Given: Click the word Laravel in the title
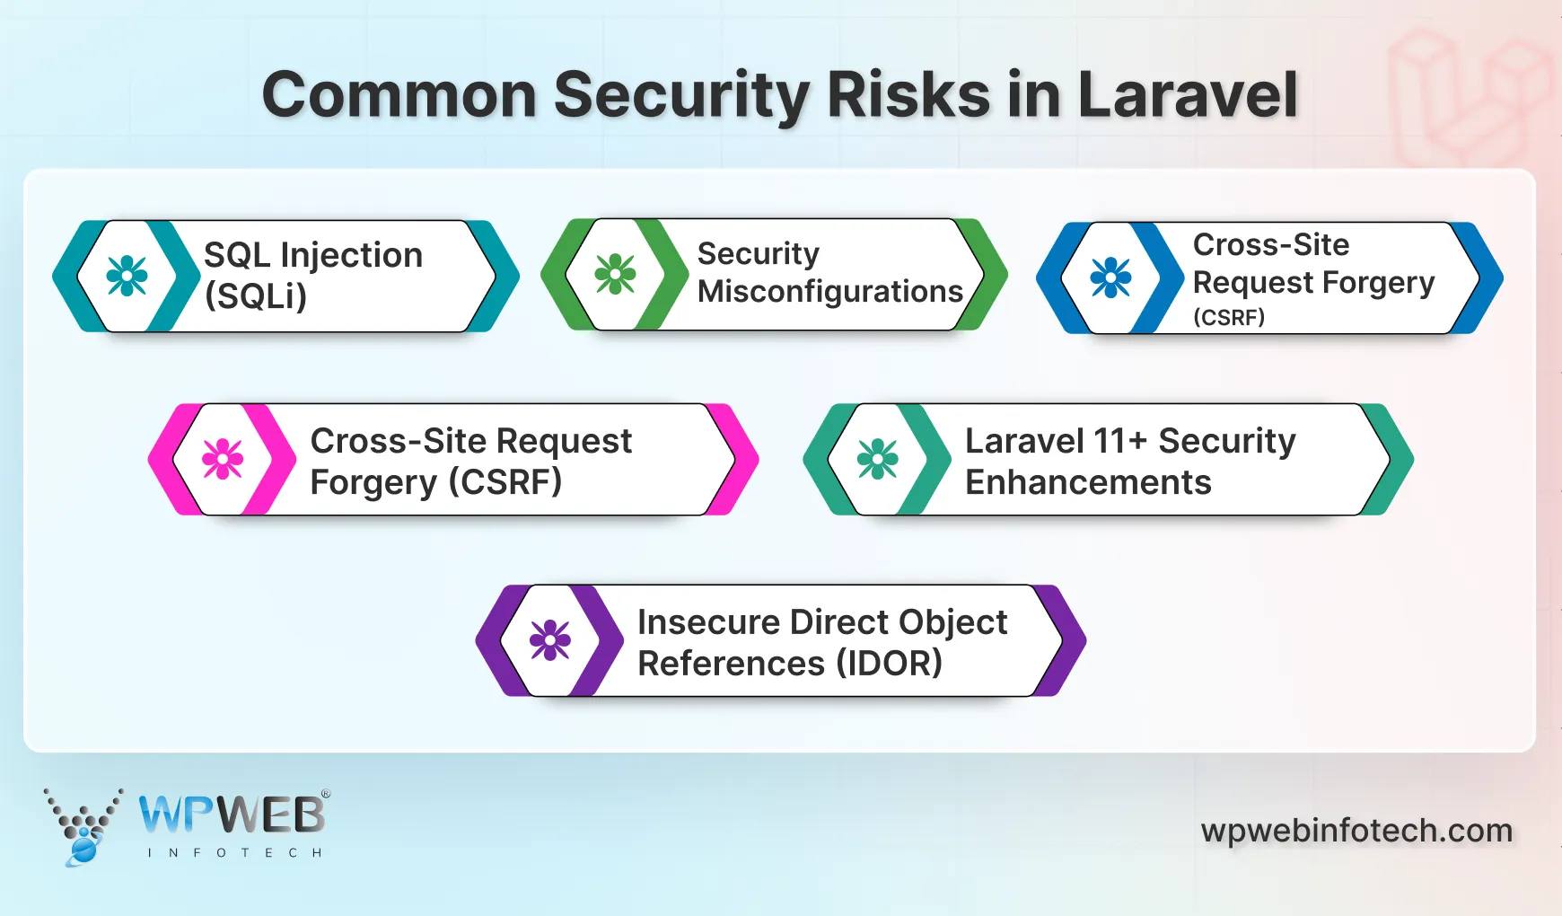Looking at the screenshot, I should click(x=1187, y=95).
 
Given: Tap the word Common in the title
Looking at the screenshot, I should click(x=399, y=95).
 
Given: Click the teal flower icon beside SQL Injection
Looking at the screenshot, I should click(x=127, y=276).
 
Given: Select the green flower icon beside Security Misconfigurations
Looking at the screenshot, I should click(x=615, y=274).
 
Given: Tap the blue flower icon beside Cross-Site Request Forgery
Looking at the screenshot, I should click(x=1110, y=277).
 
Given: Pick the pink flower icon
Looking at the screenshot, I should click(x=223, y=459).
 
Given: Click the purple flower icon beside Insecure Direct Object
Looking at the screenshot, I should click(x=549, y=640).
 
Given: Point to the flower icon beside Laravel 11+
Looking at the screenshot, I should click(x=877, y=459).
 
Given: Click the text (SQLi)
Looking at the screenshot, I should click(x=256, y=296).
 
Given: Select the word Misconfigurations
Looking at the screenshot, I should click(x=829, y=292).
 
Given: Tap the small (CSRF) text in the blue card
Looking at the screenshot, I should click(x=1228, y=317).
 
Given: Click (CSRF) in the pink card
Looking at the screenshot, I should click(x=505, y=482).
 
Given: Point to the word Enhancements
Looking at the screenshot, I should click(x=1088, y=483).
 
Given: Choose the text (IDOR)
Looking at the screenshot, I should click(x=889, y=664).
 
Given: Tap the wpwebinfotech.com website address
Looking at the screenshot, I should click(x=1356, y=831).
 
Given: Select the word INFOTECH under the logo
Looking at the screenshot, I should click(x=234, y=852).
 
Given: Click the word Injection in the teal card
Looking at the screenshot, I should click(x=351, y=256).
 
